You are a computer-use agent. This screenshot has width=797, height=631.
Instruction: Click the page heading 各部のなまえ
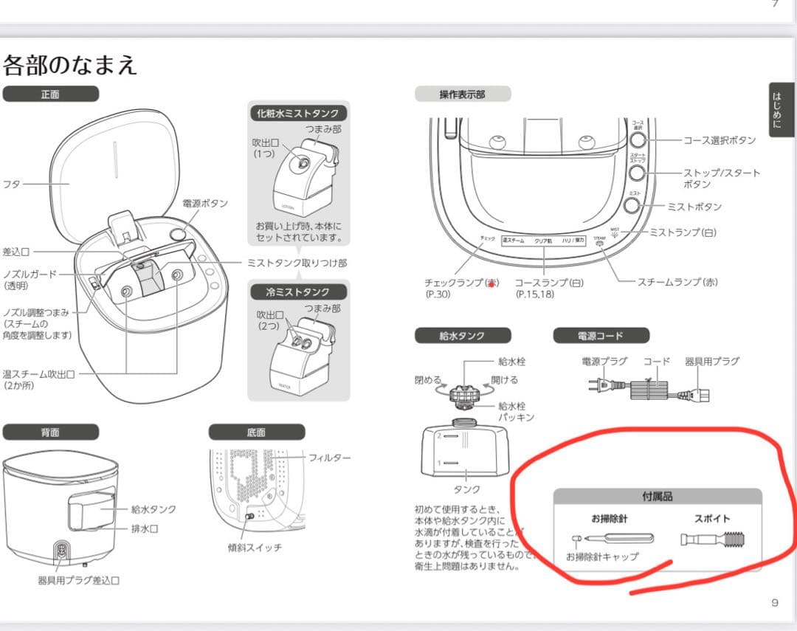70,65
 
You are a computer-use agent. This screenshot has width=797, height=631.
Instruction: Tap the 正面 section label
50,94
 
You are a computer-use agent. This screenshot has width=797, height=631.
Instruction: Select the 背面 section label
50,432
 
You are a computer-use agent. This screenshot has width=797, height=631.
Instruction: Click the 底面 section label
256,432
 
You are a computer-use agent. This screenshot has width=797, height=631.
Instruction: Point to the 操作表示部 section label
462,94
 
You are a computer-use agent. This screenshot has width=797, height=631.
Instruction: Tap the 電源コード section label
601,336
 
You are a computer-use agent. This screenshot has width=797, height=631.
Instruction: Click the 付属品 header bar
657,497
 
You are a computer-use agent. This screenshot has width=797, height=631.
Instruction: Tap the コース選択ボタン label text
719,140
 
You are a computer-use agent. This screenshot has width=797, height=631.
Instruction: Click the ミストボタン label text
694,207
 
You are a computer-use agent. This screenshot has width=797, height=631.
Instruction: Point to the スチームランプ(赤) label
677,282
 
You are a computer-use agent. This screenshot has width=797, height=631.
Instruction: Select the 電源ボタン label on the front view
205,204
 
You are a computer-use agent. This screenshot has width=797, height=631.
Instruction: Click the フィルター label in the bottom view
330,458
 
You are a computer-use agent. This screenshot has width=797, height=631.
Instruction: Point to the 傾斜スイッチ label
255,548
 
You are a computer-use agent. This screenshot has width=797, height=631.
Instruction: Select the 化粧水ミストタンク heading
298,114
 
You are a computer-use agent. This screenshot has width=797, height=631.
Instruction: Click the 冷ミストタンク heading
298,292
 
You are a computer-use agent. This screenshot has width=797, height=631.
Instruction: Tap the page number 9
774,603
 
